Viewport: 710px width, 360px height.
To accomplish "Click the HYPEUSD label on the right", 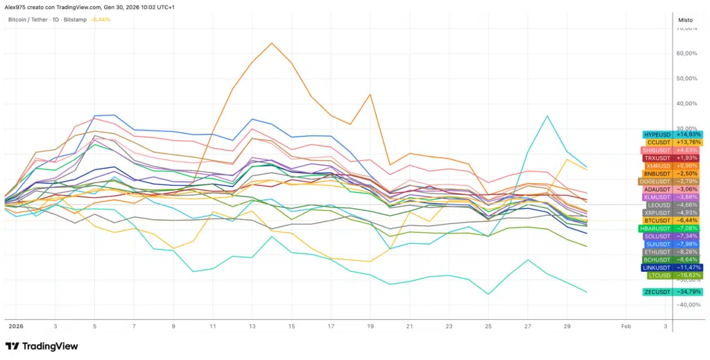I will point(657,135).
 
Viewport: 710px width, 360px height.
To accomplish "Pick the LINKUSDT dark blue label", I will point(657,267).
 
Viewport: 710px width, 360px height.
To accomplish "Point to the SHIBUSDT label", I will point(657,151).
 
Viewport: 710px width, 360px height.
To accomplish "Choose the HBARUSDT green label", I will point(657,228).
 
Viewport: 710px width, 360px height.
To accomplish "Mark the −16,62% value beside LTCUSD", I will point(688,275).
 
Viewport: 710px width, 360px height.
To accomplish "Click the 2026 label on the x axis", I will point(15,325).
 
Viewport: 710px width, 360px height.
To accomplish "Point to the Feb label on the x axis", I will point(625,325).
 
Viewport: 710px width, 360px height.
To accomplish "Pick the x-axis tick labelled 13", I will point(252,325).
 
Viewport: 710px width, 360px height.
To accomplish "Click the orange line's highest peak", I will point(271,43).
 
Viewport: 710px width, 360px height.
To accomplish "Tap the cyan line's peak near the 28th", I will point(548,116).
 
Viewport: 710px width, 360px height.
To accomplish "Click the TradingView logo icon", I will point(12,346).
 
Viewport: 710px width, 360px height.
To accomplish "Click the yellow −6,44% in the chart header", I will point(101,19).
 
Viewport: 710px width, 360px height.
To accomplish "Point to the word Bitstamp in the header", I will point(76,19).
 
